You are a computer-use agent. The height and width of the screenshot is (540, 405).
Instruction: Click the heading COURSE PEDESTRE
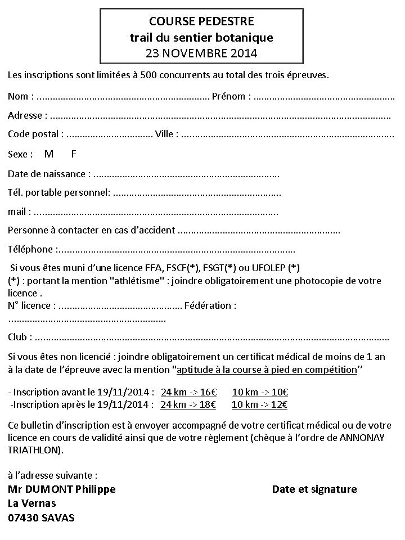pos(201,21)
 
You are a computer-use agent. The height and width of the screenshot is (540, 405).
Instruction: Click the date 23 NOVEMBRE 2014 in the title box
pos(201,54)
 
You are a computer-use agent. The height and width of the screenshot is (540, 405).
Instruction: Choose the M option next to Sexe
pos(49,154)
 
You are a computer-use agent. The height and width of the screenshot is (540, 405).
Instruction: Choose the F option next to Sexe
pos(74,154)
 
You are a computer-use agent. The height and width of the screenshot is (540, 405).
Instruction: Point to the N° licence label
pos(31,305)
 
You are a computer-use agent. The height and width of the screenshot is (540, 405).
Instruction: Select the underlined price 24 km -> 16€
pos(188,392)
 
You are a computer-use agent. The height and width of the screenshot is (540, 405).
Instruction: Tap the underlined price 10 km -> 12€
pos(260,404)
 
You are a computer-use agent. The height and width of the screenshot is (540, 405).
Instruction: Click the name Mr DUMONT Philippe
pos(62,489)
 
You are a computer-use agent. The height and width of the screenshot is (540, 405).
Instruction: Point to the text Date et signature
pos(314,489)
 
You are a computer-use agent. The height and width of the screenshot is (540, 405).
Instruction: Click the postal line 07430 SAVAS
pos(41,517)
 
